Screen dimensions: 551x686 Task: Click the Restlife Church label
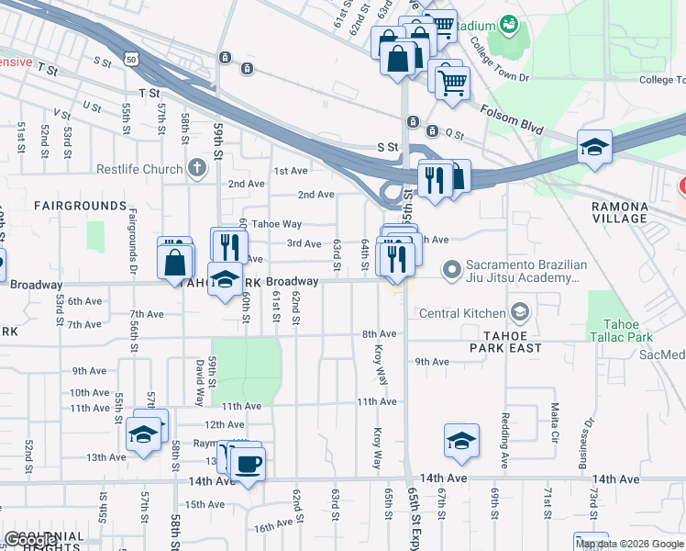(x=140, y=169)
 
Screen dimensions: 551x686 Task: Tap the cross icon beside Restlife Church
(x=195, y=168)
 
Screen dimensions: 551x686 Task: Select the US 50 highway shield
(x=133, y=59)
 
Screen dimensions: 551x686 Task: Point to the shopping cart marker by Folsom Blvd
(x=452, y=84)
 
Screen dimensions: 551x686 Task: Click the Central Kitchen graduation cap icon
(x=521, y=313)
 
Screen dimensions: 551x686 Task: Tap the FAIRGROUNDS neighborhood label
(x=80, y=206)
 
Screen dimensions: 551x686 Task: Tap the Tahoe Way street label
(x=277, y=224)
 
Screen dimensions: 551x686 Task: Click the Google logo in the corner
(x=32, y=541)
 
